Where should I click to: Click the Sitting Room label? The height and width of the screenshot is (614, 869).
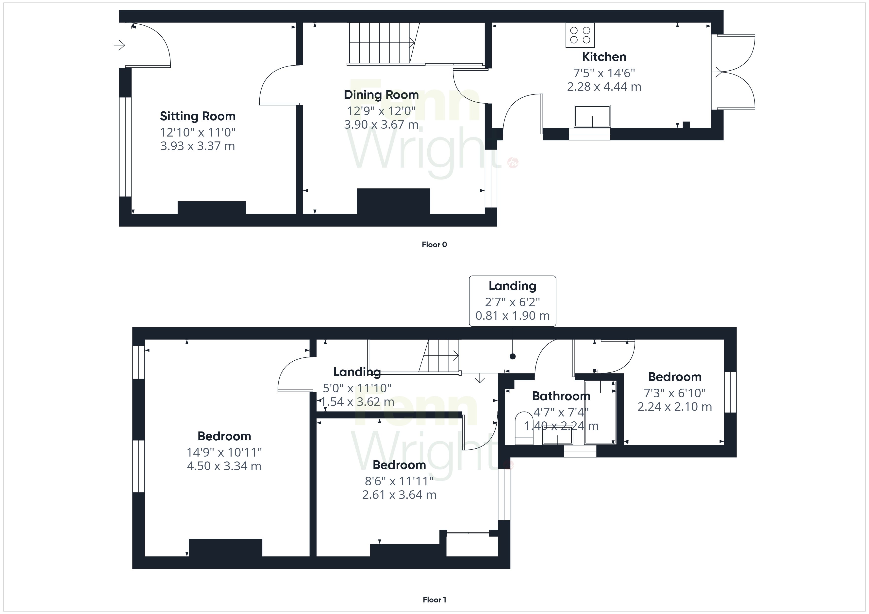point(198,116)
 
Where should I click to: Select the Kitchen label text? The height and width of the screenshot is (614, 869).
point(604,57)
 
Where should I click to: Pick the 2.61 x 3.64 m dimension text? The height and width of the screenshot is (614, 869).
point(399,495)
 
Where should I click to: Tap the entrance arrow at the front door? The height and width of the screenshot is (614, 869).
point(120,45)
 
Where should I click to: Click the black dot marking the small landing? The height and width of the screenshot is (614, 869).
point(513,356)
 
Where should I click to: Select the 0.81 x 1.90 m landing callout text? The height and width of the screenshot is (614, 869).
point(513,316)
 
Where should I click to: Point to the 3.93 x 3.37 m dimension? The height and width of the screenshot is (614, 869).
point(198,146)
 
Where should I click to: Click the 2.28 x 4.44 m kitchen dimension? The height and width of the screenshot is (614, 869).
point(604,87)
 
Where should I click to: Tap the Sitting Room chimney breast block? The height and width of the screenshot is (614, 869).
point(212,208)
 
